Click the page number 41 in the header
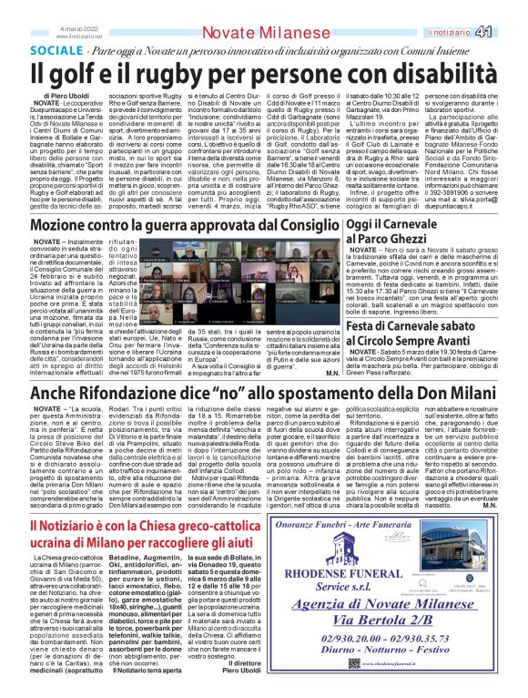511,32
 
